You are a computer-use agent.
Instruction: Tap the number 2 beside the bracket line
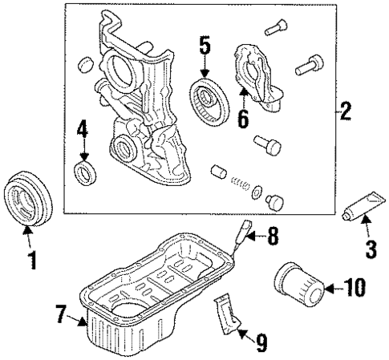(x=346, y=111)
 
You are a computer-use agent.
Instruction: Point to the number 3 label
(x=370, y=249)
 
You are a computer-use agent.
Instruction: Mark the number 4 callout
(x=81, y=127)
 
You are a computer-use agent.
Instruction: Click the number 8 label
(x=272, y=236)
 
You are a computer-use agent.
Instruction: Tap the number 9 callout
(x=261, y=342)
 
